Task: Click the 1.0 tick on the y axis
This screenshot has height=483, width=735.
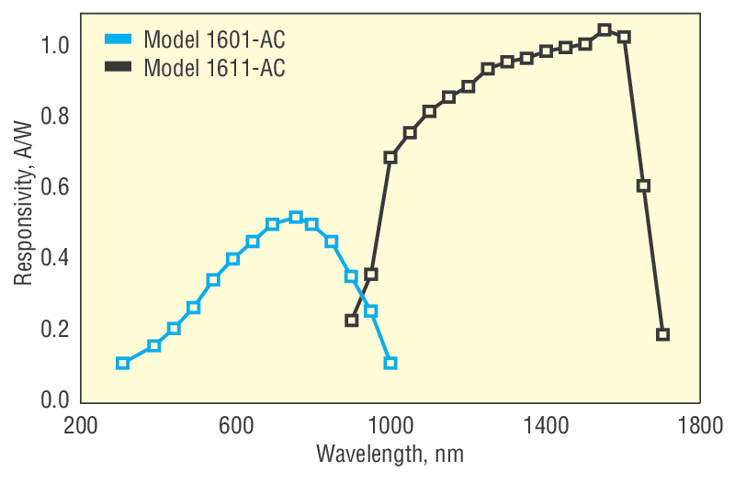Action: (57, 45)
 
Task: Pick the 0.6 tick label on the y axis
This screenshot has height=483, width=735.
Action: (57, 187)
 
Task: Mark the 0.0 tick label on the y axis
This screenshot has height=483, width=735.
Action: (57, 400)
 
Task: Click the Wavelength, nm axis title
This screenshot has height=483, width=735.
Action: (390, 455)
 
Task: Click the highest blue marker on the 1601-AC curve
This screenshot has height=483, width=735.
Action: (296, 218)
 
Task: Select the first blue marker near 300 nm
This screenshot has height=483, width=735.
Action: (122, 363)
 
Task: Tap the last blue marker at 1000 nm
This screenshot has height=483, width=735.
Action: (390, 363)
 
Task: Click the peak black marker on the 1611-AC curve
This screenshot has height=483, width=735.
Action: (605, 30)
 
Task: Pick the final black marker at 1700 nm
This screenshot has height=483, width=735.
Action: (662, 334)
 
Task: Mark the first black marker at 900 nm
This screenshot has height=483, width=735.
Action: (352, 320)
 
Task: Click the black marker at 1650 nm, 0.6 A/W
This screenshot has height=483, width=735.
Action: (643, 185)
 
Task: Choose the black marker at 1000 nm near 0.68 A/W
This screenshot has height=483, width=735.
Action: (390, 157)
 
